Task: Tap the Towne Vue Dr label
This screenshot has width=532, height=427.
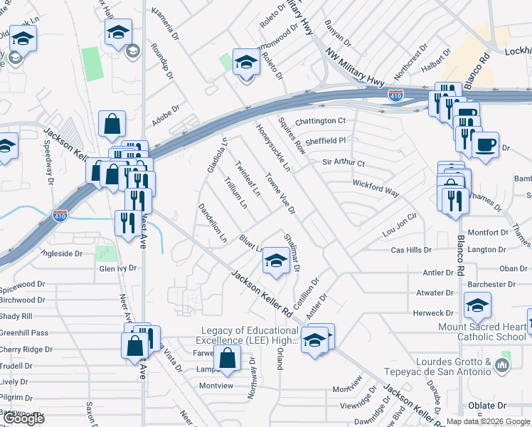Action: point(280,192)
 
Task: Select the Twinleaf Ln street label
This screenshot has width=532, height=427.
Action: point(246,177)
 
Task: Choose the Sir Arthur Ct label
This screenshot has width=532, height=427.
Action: point(344,163)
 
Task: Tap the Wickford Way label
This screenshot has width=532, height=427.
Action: point(375,188)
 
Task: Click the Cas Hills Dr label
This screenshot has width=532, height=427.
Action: point(412,251)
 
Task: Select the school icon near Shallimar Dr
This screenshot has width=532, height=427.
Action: point(276,260)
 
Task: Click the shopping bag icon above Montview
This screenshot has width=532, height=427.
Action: point(227,359)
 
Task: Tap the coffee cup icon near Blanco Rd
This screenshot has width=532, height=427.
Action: point(486,145)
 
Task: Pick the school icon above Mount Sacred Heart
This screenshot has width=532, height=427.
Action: point(477,306)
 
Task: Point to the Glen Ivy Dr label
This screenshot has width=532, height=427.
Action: point(117,268)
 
